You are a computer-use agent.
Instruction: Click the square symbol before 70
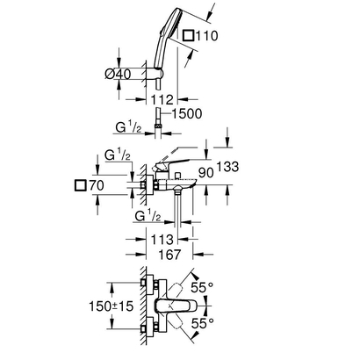[82, 186]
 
